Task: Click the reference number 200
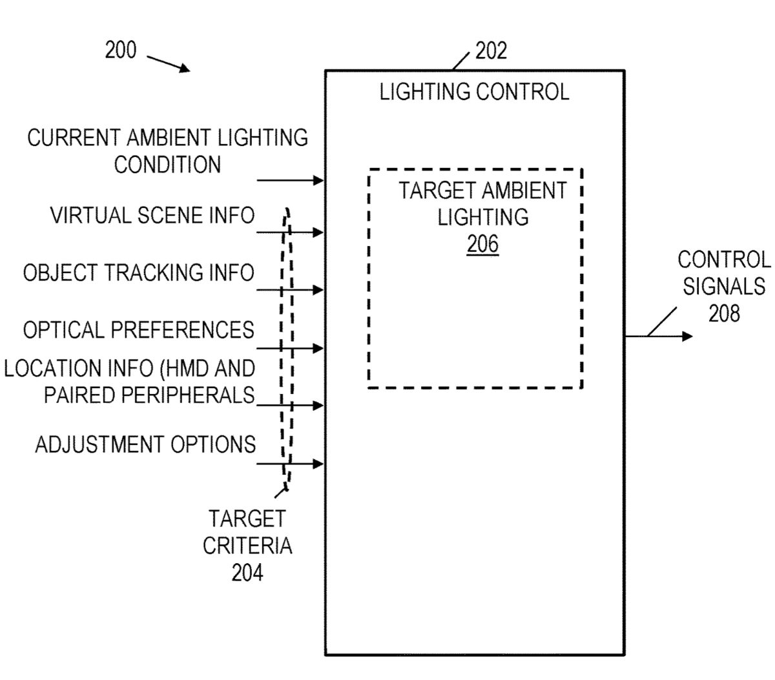[x=121, y=50]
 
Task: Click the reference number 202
[x=491, y=51]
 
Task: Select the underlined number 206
[x=483, y=244]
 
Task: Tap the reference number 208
[x=723, y=313]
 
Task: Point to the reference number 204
[x=247, y=572]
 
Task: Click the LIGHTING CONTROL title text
[x=474, y=92]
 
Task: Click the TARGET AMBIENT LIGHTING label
[x=482, y=204]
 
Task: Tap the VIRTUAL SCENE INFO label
[x=152, y=216]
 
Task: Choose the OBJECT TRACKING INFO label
[x=138, y=273]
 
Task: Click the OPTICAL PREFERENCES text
[x=138, y=330]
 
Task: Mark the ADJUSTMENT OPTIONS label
[x=145, y=445]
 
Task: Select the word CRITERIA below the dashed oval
[x=247, y=546]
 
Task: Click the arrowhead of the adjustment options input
[x=318, y=464]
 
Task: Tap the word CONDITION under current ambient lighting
[x=167, y=165]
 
